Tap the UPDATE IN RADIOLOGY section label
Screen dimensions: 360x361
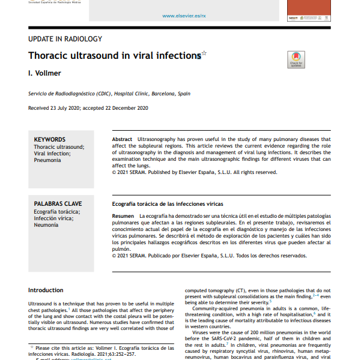(65, 39)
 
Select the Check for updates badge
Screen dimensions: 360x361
(296, 59)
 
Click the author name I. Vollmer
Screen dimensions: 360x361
(44, 73)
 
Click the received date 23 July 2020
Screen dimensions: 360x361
(71, 108)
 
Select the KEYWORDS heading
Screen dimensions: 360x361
(50, 139)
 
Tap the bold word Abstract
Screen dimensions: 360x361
(123, 139)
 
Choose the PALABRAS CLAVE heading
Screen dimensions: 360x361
(58, 204)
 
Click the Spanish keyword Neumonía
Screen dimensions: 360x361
(46, 225)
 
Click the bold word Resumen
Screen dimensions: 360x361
(123, 215)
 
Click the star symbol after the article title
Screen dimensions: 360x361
(204, 53)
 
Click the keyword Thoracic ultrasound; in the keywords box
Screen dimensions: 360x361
(59, 147)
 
